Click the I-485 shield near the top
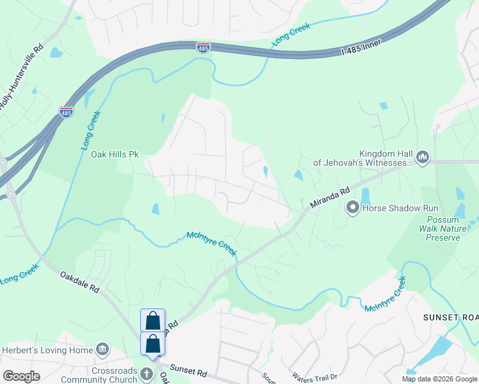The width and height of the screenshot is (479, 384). pyautogui.click(x=203, y=46)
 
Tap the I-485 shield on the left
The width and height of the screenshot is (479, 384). pyautogui.click(x=66, y=111)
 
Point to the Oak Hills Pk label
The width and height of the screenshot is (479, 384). pyautogui.click(x=115, y=154)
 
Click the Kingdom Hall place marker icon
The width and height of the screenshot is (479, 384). pyautogui.click(x=422, y=157)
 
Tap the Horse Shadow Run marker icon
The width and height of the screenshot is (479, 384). pyautogui.click(x=352, y=207)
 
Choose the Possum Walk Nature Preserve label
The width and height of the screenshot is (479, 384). pyautogui.click(x=439, y=228)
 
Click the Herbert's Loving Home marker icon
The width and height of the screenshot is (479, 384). pyautogui.click(x=102, y=349)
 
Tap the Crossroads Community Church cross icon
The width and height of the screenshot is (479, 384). pyautogui.click(x=147, y=374)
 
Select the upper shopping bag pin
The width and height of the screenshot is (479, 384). pyautogui.click(x=153, y=320)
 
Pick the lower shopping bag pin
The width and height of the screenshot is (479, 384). pyautogui.click(x=153, y=343)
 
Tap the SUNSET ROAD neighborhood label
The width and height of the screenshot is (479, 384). pyautogui.click(x=451, y=317)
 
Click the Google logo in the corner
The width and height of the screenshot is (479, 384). pyautogui.click(x=20, y=376)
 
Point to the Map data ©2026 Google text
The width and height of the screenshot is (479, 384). pyautogui.click(x=440, y=379)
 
